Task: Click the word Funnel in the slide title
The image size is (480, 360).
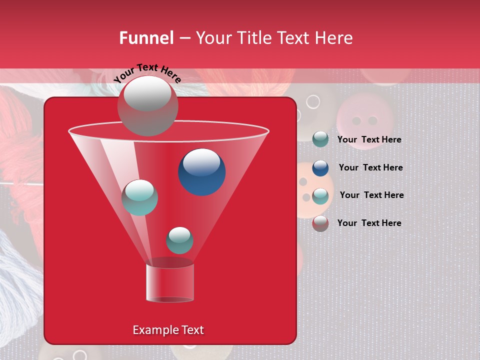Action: pyautogui.click(x=146, y=38)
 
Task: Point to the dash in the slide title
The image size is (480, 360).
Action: pyautogui.click(x=184, y=38)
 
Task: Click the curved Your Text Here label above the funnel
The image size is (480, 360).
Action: pyautogui.click(x=147, y=73)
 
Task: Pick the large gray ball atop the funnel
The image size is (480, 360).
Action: pyautogui.click(x=147, y=105)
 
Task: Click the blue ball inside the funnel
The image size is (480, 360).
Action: pyautogui.click(x=201, y=171)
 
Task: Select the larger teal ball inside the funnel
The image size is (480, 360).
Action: pyautogui.click(x=139, y=197)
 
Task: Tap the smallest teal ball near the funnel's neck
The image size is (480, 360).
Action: pyautogui.click(x=179, y=240)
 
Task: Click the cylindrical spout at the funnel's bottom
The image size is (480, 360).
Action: pyautogui.click(x=169, y=282)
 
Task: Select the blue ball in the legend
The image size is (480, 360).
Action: pyautogui.click(x=320, y=168)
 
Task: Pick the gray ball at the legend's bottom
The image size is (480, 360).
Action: pyautogui.click(x=320, y=223)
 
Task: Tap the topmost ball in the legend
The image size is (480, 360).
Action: pyautogui.click(x=320, y=139)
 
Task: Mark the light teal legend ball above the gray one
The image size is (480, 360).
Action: pyautogui.click(x=320, y=196)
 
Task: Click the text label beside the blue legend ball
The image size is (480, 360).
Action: pyautogui.click(x=370, y=167)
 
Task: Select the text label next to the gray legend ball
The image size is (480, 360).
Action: pyautogui.click(x=369, y=223)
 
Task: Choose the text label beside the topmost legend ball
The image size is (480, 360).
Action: pyautogui.click(x=369, y=139)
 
